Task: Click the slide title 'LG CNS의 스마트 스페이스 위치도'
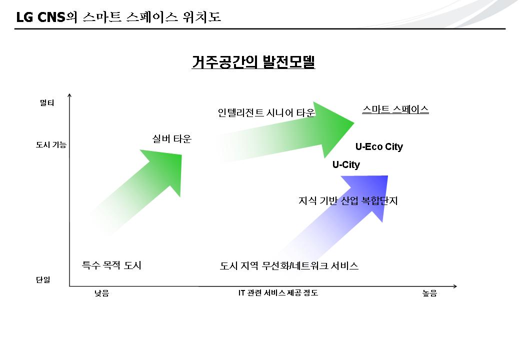point(118,17)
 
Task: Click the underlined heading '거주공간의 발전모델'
point(253,61)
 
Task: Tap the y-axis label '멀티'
point(47,103)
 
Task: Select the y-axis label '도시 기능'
point(51,144)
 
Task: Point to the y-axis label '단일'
point(43,279)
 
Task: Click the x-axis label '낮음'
point(102,293)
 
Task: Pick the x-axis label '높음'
point(430,293)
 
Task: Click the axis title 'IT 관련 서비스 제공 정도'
point(278,292)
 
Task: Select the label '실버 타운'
point(172,138)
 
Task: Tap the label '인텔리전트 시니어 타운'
point(266,112)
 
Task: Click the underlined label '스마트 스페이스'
point(395,109)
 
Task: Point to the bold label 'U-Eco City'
point(379,146)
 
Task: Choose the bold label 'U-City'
point(346,164)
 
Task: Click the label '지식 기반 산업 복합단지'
point(348,200)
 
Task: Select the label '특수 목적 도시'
point(111,265)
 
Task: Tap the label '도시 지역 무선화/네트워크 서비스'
point(289,265)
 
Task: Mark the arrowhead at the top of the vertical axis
point(69,95)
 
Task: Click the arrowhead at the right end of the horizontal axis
point(455,286)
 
